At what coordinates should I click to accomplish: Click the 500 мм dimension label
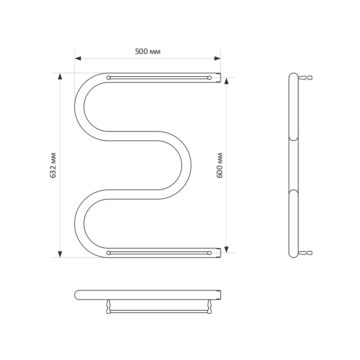pyautogui.click(x=148, y=51)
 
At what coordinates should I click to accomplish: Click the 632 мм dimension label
pyautogui.click(x=53, y=165)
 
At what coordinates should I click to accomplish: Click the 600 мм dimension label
pyautogui.click(x=220, y=165)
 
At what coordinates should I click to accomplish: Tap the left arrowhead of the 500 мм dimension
pyautogui.click(x=78, y=58)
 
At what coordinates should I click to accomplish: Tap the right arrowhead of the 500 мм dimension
pyautogui.click(x=217, y=58)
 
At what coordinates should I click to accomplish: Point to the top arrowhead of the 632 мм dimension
pyautogui.click(x=60, y=76)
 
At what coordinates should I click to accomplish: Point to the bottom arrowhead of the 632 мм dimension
pyautogui.click(x=60, y=254)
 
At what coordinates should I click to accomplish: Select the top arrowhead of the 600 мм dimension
pyautogui.click(x=226, y=81)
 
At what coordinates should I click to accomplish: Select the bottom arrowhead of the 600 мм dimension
pyautogui.click(x=226, y=249)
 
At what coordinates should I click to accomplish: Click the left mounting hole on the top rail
pyautogui.click(x=108, y=77)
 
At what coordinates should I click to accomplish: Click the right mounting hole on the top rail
pyautogui.click(x=210, y=77)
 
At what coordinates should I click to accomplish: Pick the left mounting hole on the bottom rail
pyautogui.click(x=108, y=253)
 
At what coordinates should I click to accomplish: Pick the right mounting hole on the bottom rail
pyautogui.click(x=210, y=253)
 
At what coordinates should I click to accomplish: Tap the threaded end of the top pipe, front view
pyautogui.click(x=219, y=77)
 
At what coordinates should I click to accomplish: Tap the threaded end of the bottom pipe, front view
pyautogui.click(x=219, y=253)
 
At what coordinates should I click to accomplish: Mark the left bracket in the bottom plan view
pyautogui.click(x=108, y=307)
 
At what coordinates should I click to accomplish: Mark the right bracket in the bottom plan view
pyautogui.click(x=210, y=307)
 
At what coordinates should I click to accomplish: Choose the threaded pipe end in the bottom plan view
pyautogui.click(x=219, y=295)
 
